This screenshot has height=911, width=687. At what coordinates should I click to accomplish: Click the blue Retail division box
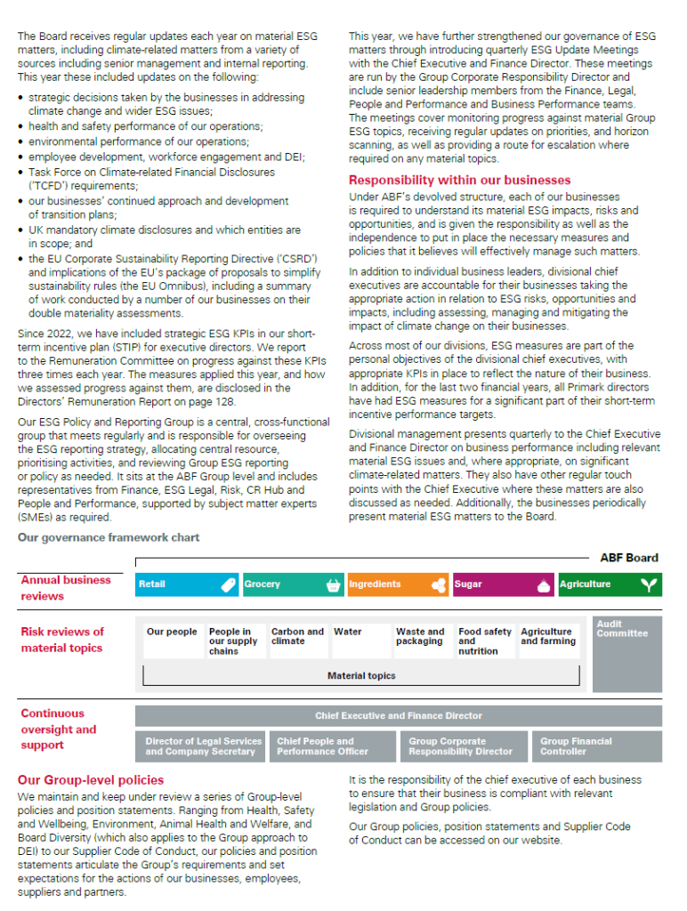(x=187, y=584)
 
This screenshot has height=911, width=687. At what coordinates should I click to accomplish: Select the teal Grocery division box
(x=292, y=584)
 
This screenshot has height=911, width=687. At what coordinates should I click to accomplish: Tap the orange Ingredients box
(x=397, y=584)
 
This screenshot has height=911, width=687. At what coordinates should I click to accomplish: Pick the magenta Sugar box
(x=503, y=584)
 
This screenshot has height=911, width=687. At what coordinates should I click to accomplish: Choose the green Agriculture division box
(x=610, y=584)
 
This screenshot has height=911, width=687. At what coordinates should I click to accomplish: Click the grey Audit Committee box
(x=626, y=654)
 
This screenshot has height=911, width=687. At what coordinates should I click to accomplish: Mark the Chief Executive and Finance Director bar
(x=398, y=715)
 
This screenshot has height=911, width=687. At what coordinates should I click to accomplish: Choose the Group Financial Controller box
(x=599, y=746)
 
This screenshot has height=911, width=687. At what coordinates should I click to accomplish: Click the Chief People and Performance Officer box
(x=335, y=746)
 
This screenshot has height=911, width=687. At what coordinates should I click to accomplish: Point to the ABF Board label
(x=629, y=558)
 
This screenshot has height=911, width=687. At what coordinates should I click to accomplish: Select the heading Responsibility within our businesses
(x=459, y=181)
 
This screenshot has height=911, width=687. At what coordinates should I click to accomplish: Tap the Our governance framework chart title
(x=109, y=537)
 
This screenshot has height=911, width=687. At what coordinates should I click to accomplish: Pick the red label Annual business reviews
(x=66, y=587)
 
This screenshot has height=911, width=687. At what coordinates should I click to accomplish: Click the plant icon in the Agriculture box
(x=651, y=584)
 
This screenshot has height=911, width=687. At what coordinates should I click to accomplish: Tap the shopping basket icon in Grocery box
(x=334, y=584)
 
